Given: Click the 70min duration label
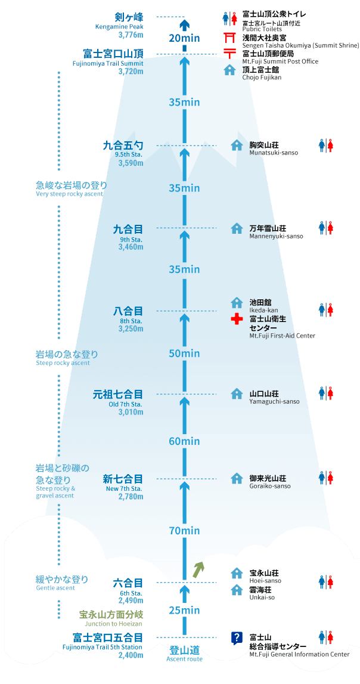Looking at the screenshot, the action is [x=184, y=531].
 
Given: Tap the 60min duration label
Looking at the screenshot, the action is [x=184, y=441].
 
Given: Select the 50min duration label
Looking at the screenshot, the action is [x=184, y=353].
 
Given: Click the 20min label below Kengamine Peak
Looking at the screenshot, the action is [x=184, y=38].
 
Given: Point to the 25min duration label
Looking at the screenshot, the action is [x=184, y=610].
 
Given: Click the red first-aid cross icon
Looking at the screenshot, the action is [x=237, y=319].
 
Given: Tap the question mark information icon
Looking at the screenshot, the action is [x=237, y=637].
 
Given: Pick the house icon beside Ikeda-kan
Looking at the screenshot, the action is [x=237, y=302].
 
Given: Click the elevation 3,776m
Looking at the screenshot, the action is [x=131, y=34].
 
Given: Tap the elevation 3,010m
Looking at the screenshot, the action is [x=131, y=412].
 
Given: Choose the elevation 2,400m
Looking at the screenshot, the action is [x=131, y=655].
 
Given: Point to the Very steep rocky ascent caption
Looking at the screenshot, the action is [x=69, y=194].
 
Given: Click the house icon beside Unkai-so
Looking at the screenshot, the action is [x=237, y=590].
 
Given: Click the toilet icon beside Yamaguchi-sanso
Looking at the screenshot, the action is [x=326, y=392].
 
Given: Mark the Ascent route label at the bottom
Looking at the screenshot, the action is [x=184, y=659].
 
